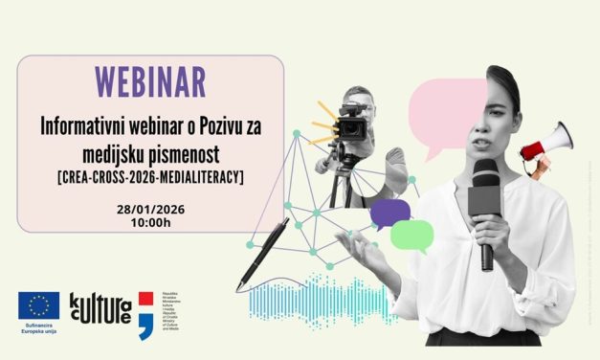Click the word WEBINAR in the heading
point(150,81)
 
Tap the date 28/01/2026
point(150,208)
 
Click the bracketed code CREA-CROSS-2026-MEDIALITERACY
point(151,176)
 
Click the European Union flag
point(38,305)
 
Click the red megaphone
point(555,144)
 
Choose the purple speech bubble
point(389,213)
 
